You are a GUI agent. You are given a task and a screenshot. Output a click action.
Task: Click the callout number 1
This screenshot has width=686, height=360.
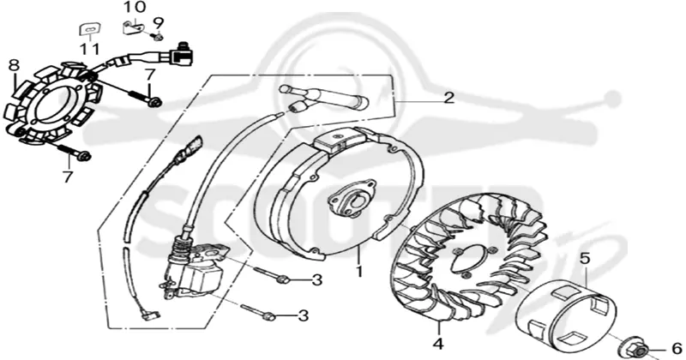pyautogui.click(x=359, y=271)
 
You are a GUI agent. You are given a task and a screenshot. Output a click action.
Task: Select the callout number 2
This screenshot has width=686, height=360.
pyautogui.click(x=448, y=98)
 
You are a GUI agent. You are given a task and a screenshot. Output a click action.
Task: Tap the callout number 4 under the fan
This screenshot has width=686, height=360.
pyautogui.click(x=438, y=344)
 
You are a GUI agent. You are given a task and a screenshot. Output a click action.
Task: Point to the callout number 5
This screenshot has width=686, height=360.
pyautogui.click(x=585, y=259)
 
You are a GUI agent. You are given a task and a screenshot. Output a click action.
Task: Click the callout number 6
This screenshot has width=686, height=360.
pyautogui.click(x=676, y=349)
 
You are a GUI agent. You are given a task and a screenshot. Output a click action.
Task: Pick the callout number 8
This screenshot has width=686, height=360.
pyautogui.click(x=14, y=65)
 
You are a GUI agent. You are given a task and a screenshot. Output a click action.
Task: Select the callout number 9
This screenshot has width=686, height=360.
pyautogui.click(x=158, y=22)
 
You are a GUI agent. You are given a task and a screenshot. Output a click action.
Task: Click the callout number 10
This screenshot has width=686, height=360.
pyautogui.click(x=135, y=8)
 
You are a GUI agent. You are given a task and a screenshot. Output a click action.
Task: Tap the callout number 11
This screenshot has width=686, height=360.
pyautogui.click(x=90, y=49)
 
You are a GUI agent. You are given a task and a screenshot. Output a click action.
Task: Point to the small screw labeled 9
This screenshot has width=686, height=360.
pyautogui.click(x=158, y=37)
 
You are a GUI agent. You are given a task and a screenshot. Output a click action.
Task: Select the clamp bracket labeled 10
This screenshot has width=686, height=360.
pyautogui.click(x=133, y=27)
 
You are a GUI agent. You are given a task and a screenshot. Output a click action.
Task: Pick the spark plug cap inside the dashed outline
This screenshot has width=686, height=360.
pyautogui.click(x=324, y=99)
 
